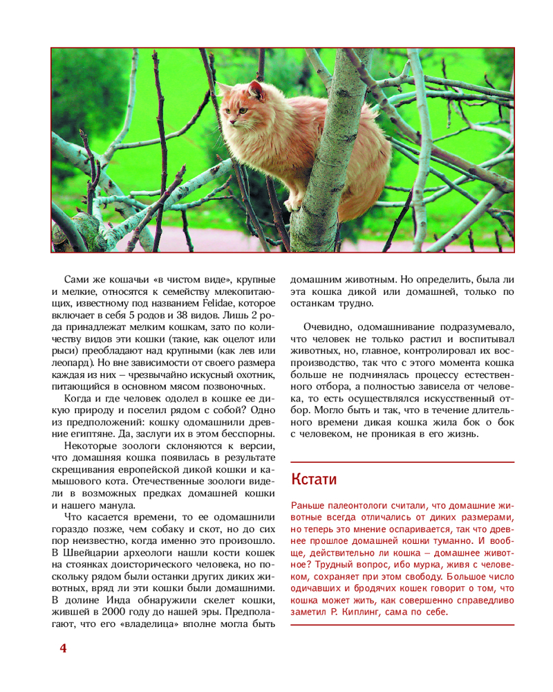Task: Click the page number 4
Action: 63,648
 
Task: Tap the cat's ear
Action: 256,89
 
